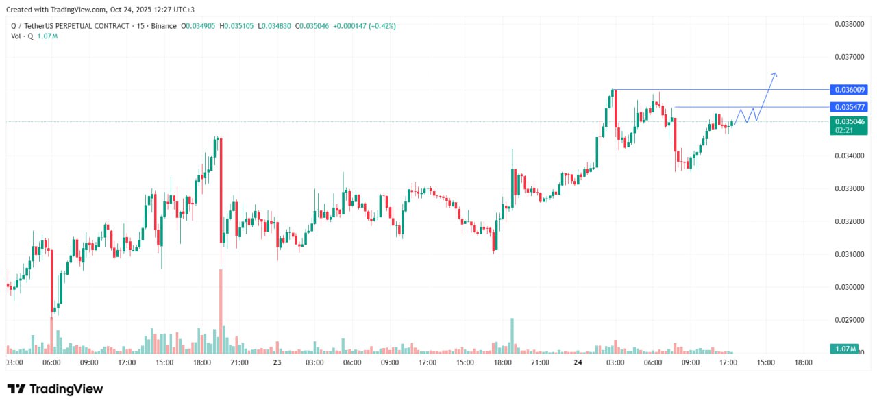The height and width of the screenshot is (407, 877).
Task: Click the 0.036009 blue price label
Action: pos(849,90)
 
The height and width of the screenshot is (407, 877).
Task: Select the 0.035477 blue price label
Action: pos(849,107)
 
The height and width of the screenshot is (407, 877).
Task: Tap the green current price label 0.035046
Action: pos(849,121)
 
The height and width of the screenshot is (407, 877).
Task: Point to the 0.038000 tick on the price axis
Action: pos(849,24)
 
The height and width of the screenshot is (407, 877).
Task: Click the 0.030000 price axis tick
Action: pos(849,287)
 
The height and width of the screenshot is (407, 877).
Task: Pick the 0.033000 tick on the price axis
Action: pos(849,188)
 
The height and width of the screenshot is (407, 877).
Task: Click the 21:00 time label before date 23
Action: pos(239,362)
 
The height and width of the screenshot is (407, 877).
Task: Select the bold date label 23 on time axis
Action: pos(277,362)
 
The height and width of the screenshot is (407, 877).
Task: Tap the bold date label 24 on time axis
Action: pos(578,362)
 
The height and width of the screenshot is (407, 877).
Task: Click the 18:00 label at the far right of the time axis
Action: pos(803,362)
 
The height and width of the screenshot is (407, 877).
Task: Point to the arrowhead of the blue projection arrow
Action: pos(775,73)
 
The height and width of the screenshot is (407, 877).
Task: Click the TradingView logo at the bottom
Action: pos(55,389)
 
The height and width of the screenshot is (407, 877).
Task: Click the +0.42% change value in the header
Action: pos(382,26)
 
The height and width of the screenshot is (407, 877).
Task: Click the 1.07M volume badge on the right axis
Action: pos(844,349)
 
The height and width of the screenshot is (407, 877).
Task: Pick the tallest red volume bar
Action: pos(221,311)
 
